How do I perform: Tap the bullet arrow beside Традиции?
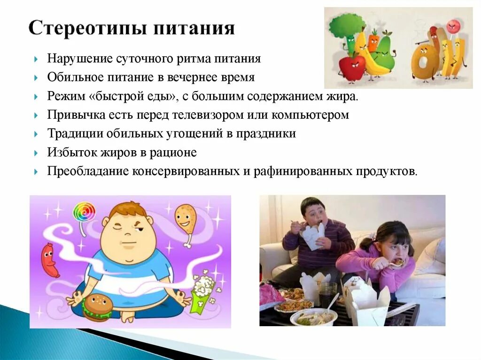click(37, 134)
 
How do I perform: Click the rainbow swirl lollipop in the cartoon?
click(84, 212)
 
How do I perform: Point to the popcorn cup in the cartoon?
click(202, 291)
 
